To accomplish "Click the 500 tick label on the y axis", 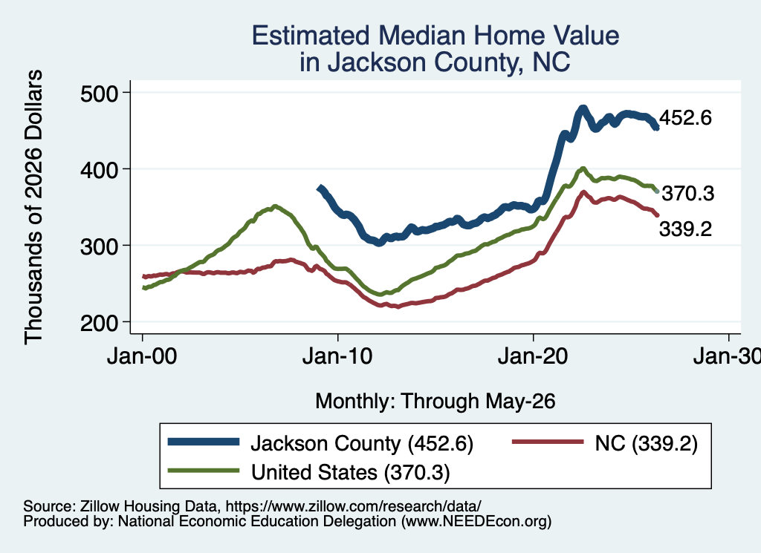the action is pyautogui.click(x=100, y=94).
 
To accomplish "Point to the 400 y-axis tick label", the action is pyautogui.click(x=100, y=170).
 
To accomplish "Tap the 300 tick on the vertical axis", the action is pyautogui.click(x=100, y=246).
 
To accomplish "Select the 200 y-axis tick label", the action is pyautogui.click(x=100, y=324).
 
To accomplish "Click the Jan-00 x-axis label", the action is pyautogui.click(x=142, y=357).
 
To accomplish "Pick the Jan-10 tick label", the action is pyautogui.click(x=337, y=357).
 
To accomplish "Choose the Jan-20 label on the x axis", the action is pyautogui.click(x=533, y=357).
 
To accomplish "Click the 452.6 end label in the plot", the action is pyautogui.click(x=685, y=118).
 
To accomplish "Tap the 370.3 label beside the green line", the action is pyautogui.click(x=688, y=194).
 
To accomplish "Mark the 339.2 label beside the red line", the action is pyautogui.click(x=685, y=229).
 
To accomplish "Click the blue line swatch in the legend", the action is pyautogui.click(x=204, y=442).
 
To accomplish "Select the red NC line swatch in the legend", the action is pyautogui.click(x=548, y=442).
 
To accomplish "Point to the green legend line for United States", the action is pyautogui.click(x=204, y=470).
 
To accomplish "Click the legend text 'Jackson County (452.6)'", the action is pyautogui.click(x=362, y=443).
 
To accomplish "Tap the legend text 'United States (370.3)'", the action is pyautogui.click(x=351, y=472).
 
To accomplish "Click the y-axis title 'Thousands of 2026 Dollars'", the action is pyautogui.click(x=34, y=207).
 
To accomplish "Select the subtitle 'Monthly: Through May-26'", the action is pyautogui.click(x=435, y=402).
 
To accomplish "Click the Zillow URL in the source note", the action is pyautogui.click(x=353, y=506).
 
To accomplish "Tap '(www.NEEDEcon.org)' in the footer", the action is pyautogui.click(x=476, y=522).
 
